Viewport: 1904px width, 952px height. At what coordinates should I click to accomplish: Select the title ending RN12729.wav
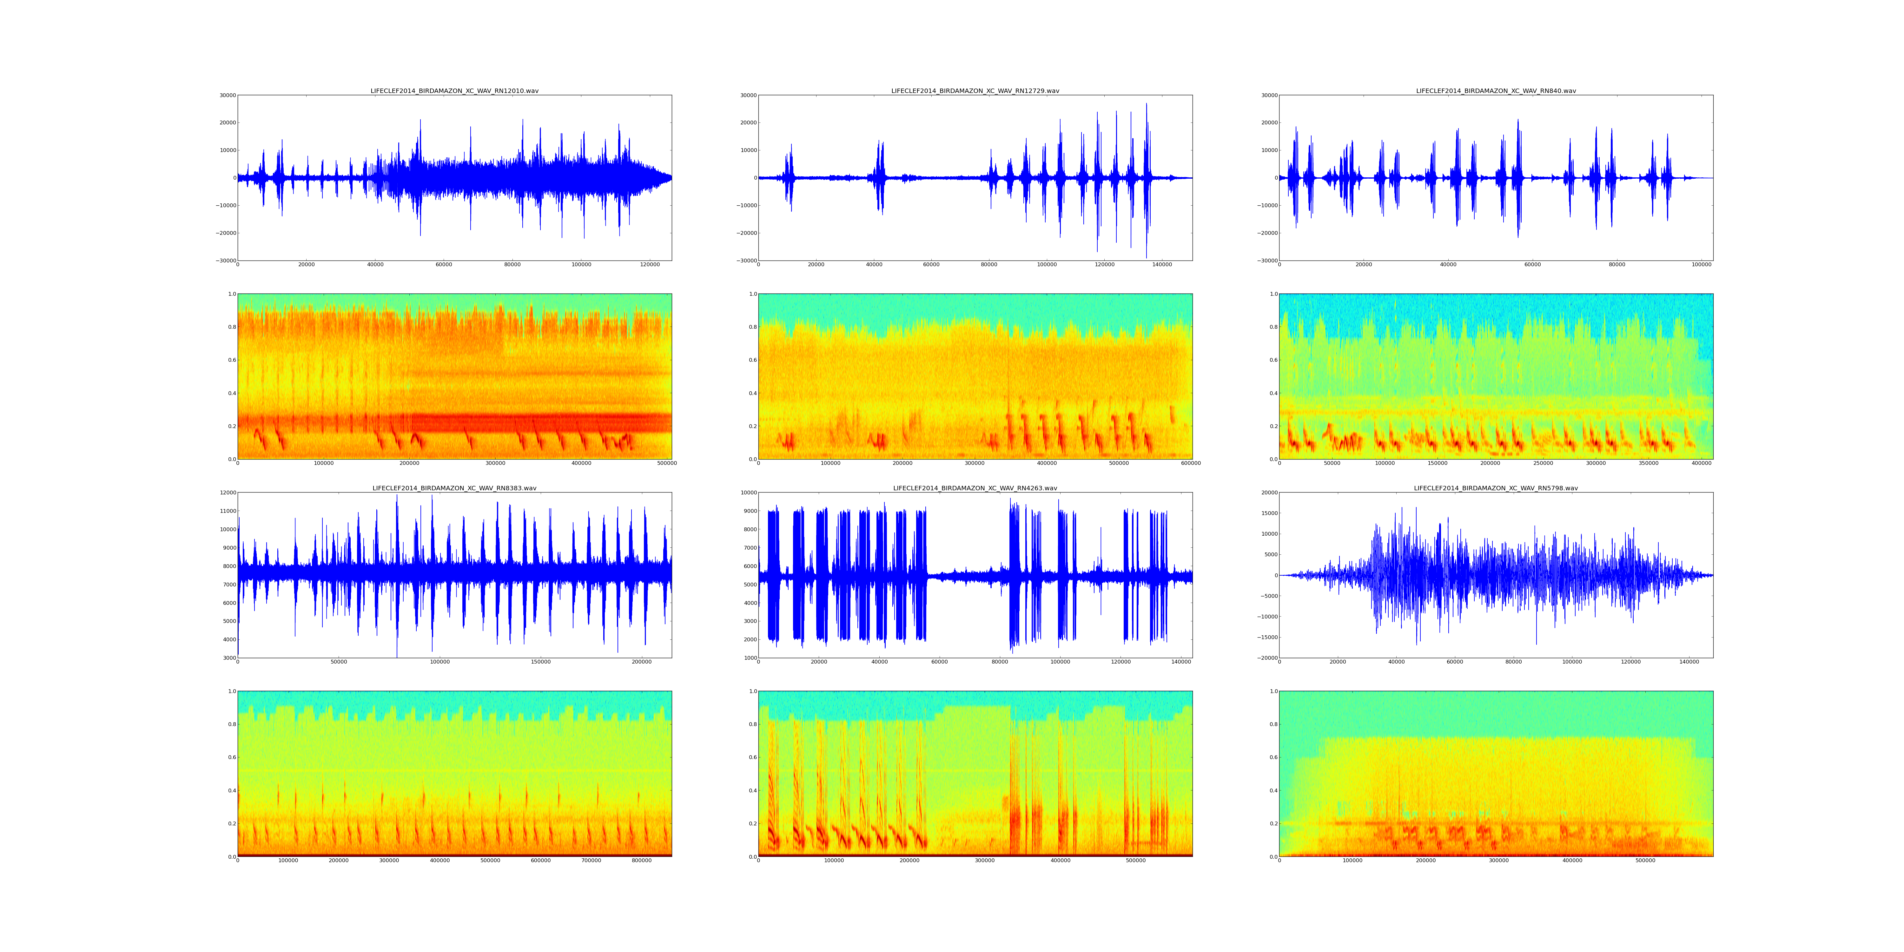(975, 91)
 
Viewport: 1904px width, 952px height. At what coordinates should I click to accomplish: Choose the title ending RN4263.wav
(975, 489)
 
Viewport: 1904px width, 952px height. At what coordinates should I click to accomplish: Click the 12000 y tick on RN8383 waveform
(226, 493)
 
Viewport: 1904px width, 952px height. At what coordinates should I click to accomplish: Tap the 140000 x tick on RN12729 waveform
(1162, 265)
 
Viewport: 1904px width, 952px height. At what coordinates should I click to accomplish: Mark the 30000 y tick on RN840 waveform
(1268, 95)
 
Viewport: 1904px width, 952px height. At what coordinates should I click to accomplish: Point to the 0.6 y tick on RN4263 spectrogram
(751, 757)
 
